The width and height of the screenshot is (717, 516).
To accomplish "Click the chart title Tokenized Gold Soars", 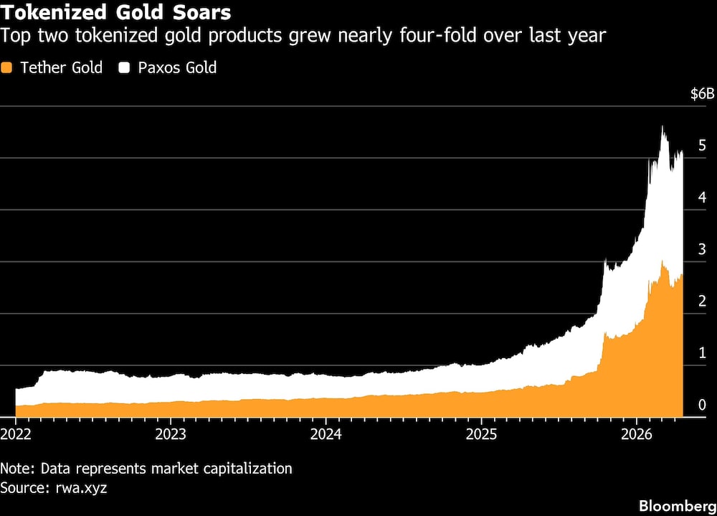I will (115, 13).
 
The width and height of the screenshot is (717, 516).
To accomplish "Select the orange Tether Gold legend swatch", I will (7, 68).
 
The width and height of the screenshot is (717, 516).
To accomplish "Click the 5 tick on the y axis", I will (702, 146).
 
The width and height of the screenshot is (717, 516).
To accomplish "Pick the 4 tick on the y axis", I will (702, 197).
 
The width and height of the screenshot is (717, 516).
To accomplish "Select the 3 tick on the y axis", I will (702, 249).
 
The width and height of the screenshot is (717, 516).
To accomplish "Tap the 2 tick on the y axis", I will (702, 301).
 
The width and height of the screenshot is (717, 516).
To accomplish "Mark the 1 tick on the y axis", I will (702, 353).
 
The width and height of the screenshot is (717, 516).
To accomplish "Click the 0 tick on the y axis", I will (702, 405).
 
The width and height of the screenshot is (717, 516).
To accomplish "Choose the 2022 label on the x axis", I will (16, 434).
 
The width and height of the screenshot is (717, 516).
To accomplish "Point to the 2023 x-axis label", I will (171, 434).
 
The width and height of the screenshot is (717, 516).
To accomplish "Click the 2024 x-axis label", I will (326, 434).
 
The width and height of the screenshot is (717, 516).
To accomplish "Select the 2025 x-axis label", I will (480, 434).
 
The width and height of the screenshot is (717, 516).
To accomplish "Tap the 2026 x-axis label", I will (636, 434).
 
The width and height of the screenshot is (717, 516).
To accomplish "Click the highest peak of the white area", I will (662, 128).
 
